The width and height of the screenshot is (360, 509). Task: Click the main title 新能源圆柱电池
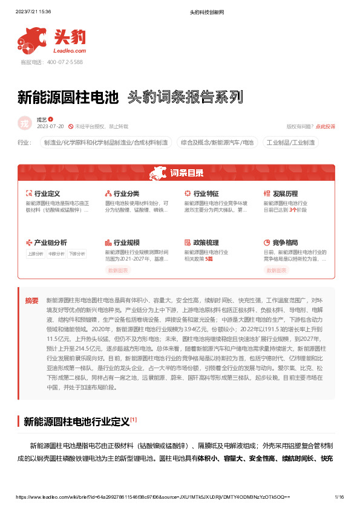pyautogui.click(x=67, y=97)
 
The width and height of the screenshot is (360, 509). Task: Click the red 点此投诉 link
pyautogui.click(x=326, y=126)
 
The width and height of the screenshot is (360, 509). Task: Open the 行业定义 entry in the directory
pyautogui.click(x=47, y=193)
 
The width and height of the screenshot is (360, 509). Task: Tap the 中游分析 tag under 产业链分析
pyautogui.click(x=56, y=254)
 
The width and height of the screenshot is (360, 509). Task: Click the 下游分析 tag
pyautogui.click(x=76, y=254)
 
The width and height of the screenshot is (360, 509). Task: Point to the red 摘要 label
pyautogui.click(x=31, y=300)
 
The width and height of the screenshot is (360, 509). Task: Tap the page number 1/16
pyautogui.click(x=339, y=497)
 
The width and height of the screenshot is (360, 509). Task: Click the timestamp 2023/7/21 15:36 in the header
pyautogui.click(x=33, y=11)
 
